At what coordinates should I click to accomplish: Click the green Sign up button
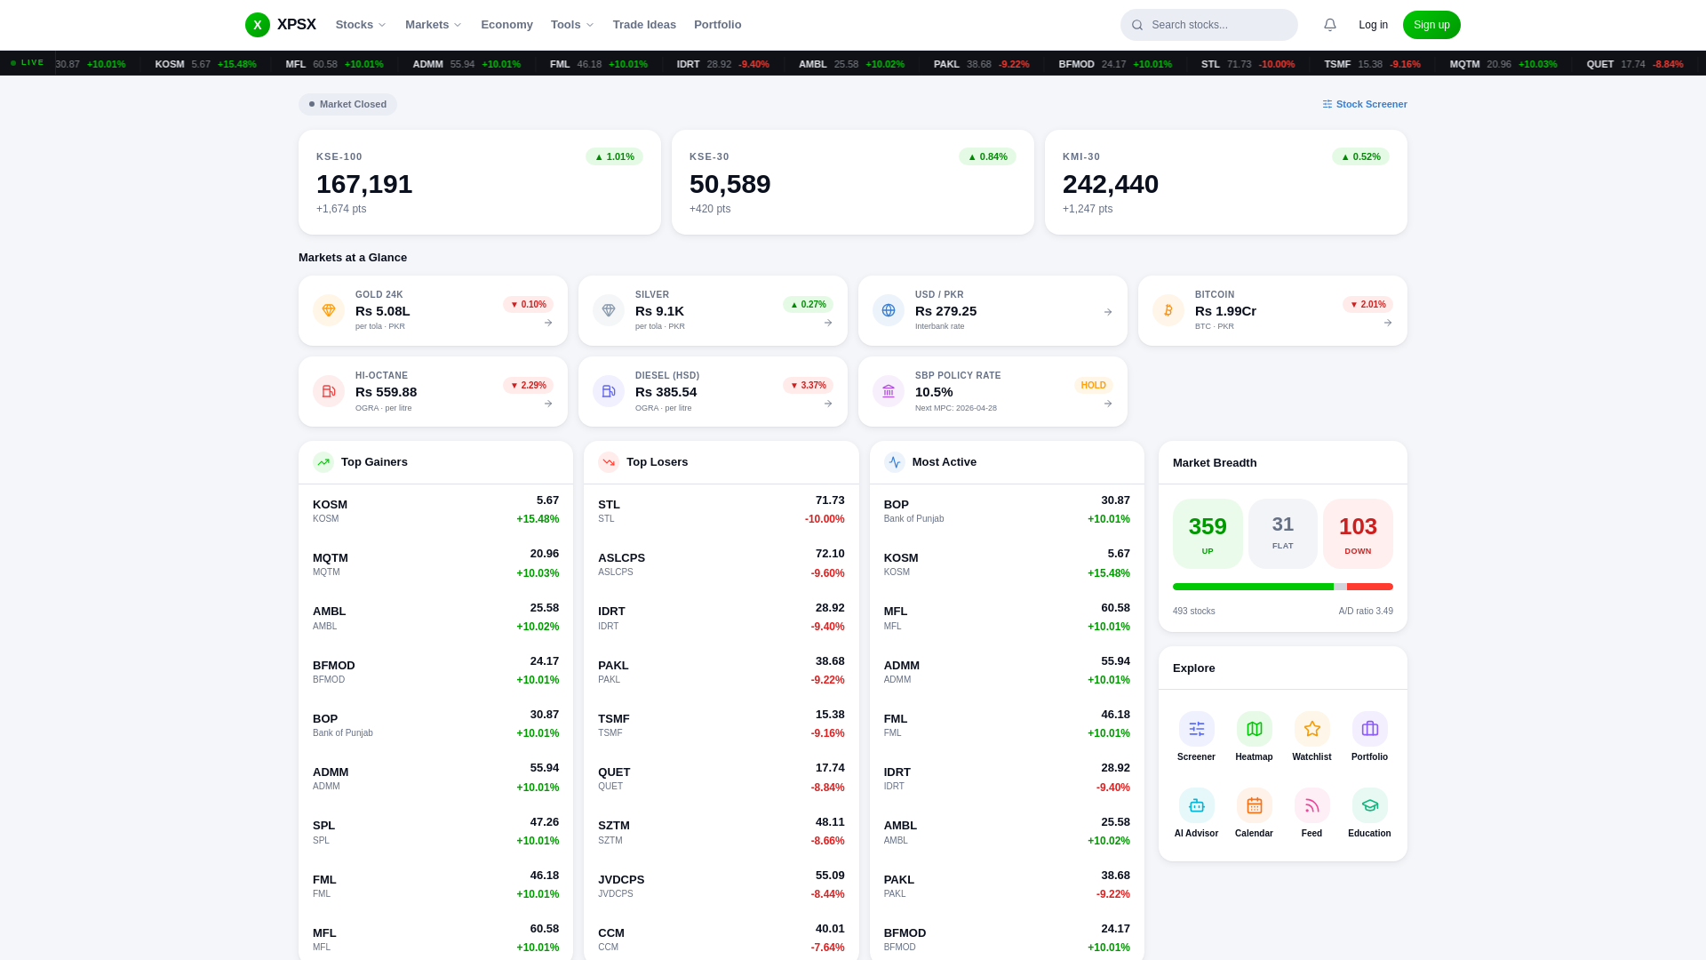(x=1431, y=25)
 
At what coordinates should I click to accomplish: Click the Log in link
(x=1373, y=25)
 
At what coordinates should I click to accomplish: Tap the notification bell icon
(x=1329, y=25)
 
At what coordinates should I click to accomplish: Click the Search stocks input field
(x=1217, y=25)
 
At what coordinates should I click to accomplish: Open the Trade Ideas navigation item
(x=643, y=25)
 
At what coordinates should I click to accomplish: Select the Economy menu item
(x=506, y=25)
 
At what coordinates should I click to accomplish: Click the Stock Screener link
(x=1365, y=104)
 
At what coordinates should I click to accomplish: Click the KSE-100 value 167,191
(x=364, y=184)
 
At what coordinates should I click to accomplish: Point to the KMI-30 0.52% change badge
(x=1359, y=156)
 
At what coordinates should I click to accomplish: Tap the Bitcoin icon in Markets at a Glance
(x=1168, y=310)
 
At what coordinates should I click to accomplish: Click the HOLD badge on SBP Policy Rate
(x=1093, y=385)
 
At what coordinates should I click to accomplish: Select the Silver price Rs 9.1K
(x=659, y=311)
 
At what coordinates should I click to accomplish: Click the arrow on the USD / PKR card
(x=1107, y=312)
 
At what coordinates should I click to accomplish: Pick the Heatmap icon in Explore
(x=1254, y=729)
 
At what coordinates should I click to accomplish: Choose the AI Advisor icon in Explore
(x=1196, y=805)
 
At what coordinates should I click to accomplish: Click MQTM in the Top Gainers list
(x=331, y=558)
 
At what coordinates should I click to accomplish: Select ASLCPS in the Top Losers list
(x=621, y=558)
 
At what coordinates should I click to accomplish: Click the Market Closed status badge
(x=347, y=104)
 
